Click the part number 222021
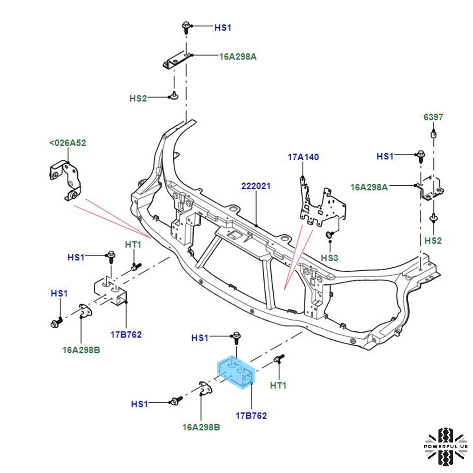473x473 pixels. pos(256,186)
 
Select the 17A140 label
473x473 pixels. pos(303,157)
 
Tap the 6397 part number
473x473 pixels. pos(433,117)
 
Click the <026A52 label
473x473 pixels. pos(68,143)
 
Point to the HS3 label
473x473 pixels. pos(329,258)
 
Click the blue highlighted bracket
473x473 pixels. pos(236,373)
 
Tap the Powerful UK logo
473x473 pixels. pos(446,446)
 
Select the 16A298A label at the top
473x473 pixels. pos(238,57)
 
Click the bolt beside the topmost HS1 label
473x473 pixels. pos(186,27)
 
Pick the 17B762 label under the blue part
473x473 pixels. pos(251,416)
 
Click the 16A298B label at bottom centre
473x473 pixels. pos(201,428)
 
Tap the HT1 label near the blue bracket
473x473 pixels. pos(278,386)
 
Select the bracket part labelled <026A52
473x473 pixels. pos(65,180)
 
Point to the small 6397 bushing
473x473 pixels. pos(433,134)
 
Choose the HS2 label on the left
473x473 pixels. pos(138,99)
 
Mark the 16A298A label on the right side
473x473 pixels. pos(369,187)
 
